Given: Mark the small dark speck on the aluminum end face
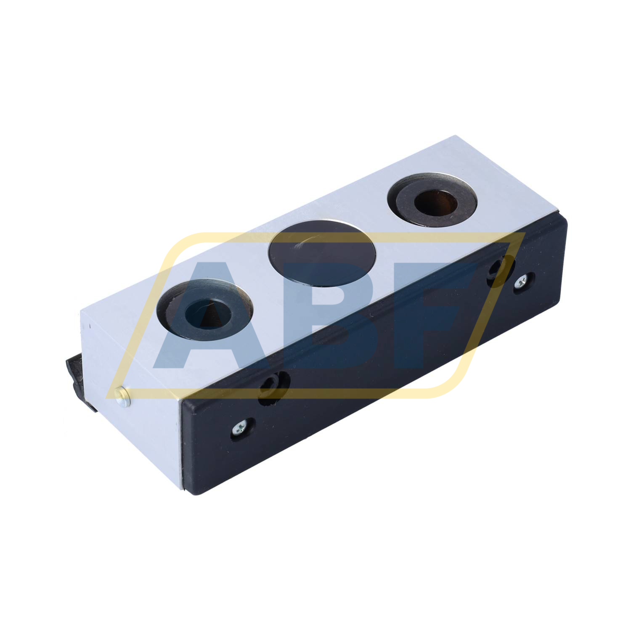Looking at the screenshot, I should (x=89, y=325).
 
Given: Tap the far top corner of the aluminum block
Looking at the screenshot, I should (x=456, y=136).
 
